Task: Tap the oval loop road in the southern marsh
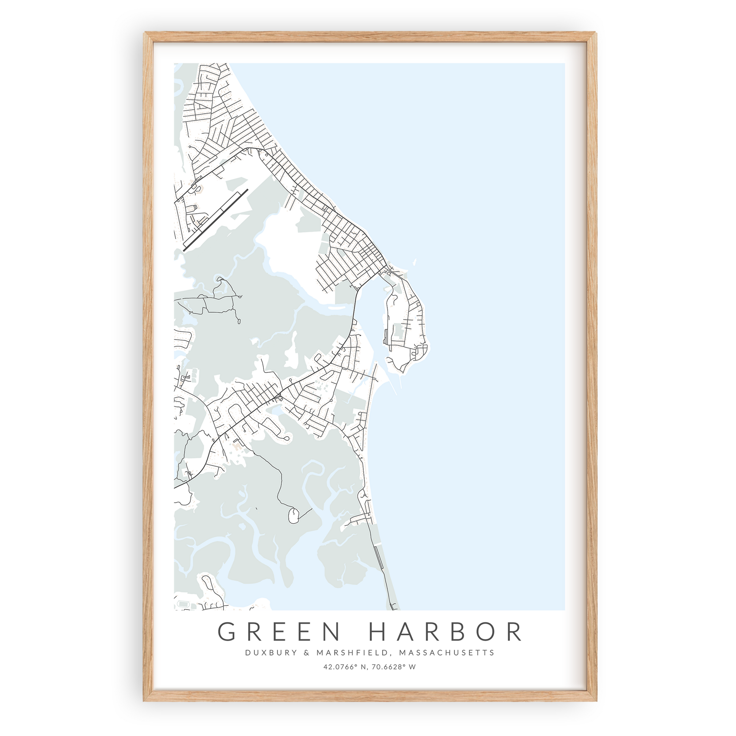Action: pos(293,515)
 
